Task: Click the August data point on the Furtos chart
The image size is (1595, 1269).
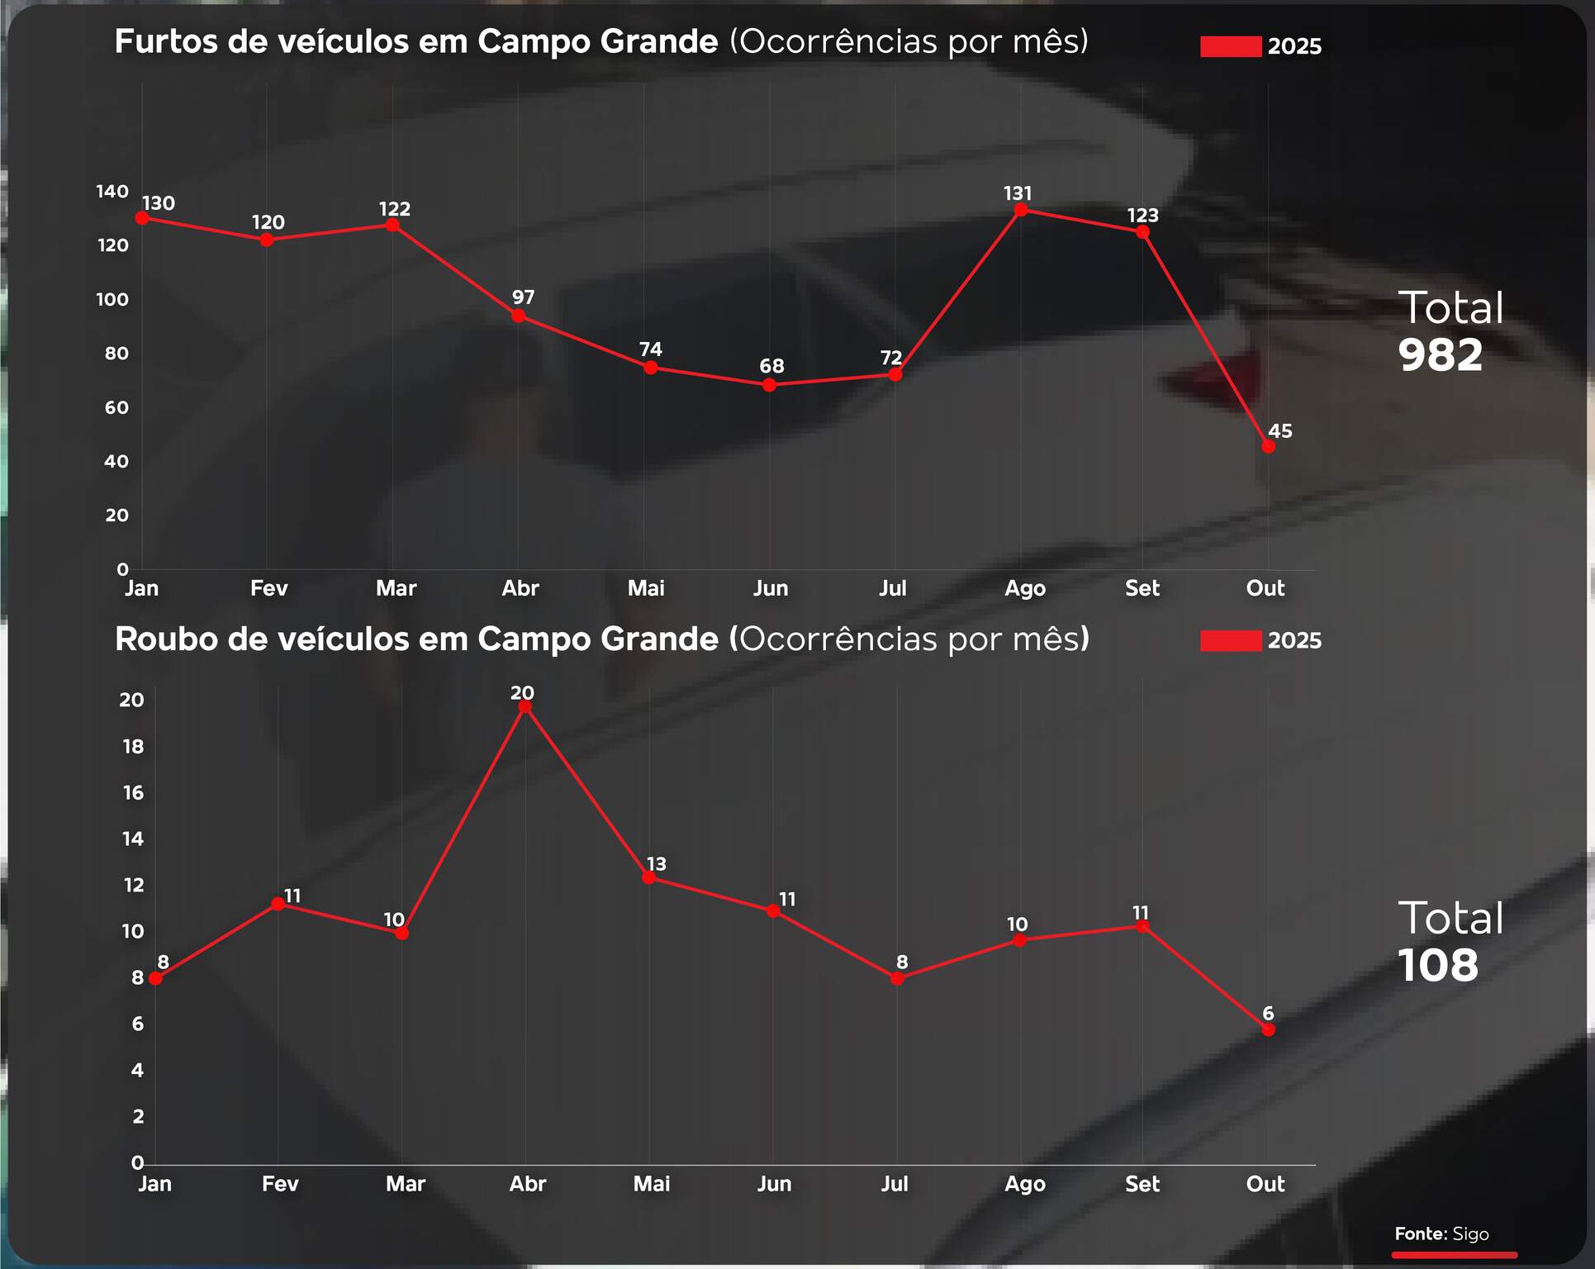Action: click(x=1021, y=210)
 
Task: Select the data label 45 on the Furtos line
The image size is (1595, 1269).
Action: click(x=1279, y=430)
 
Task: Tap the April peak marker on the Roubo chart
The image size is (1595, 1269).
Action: click(x=525, y=706)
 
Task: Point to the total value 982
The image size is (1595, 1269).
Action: click(x=1440, y=355)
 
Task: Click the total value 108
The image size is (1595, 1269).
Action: click(x=1437, y=965)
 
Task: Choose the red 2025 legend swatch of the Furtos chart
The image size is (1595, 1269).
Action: click(x=1230, y=46)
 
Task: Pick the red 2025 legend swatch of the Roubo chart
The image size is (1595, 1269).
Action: click(x=1230, y=640)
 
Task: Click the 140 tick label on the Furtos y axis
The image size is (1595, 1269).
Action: click(x=112, y=192)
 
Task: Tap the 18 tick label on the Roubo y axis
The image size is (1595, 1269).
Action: click(x=133, y=747)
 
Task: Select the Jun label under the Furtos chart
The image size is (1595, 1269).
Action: click(x=770, y=588)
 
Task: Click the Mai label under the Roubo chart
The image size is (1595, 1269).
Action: click(x=651, y=1184)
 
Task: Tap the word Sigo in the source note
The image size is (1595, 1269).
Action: click(x=1470, y=1233)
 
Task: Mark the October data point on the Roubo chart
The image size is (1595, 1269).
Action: click(x=1268, y=1029)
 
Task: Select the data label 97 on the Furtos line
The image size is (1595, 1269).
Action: click(x=523, y=297)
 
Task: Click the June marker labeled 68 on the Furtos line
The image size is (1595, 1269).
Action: click(x=769, y=385)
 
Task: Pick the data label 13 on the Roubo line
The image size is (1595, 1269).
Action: click(x=656, y=864)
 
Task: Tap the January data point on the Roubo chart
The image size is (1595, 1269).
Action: click(x=155, y=979)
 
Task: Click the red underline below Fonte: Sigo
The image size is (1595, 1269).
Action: click(x=1454, y=1255)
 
